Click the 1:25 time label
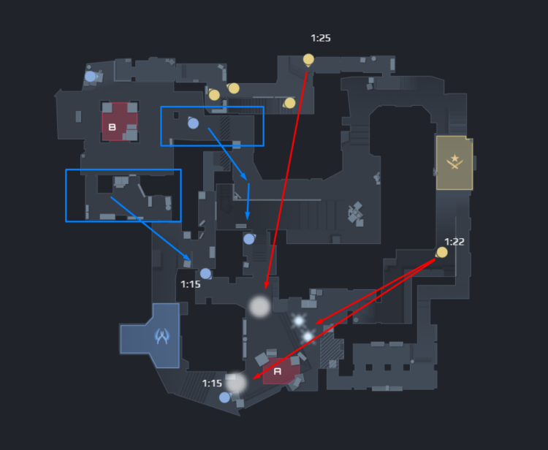321,38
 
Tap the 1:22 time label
454,242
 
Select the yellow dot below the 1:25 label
308,59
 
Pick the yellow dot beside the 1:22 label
441,253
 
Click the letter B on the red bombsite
113,127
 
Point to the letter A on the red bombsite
277,371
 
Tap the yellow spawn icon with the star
454,161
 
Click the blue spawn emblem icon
162,336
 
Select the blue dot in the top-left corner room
90,76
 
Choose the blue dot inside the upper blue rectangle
193,123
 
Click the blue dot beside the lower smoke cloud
224,397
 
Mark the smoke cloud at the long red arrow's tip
260,306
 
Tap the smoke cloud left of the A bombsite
236,382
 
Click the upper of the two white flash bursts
298,321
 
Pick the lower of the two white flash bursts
308,336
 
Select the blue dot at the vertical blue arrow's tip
248,239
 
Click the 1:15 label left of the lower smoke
212,384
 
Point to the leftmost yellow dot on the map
214,95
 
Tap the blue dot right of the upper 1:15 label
205,273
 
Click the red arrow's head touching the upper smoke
266,286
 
